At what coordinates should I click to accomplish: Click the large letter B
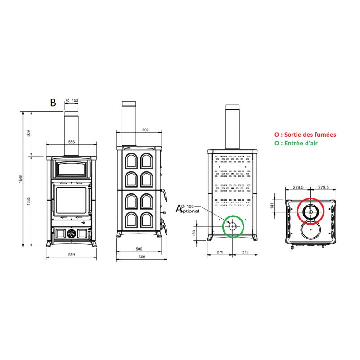53,103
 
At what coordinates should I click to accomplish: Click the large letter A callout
179,209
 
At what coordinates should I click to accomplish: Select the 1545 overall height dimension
21,179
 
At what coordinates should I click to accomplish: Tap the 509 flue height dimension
28,133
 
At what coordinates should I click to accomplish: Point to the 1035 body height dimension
28,201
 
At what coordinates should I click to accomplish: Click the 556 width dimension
72,142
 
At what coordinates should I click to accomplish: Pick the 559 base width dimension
72,254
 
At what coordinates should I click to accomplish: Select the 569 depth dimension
142,256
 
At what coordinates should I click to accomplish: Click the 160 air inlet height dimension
194,233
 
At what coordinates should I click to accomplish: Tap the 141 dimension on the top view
272,206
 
